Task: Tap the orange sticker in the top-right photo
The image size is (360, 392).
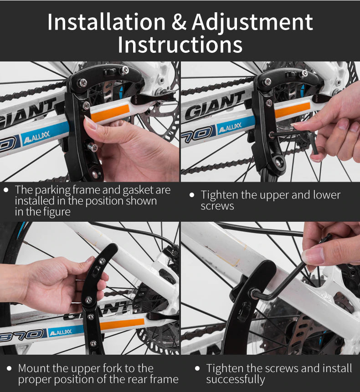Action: tap(292, 110)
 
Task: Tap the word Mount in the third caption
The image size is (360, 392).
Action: tap(34, 368)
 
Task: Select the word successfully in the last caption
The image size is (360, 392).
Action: tap(235, 379)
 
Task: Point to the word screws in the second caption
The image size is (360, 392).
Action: tap(217, 206)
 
